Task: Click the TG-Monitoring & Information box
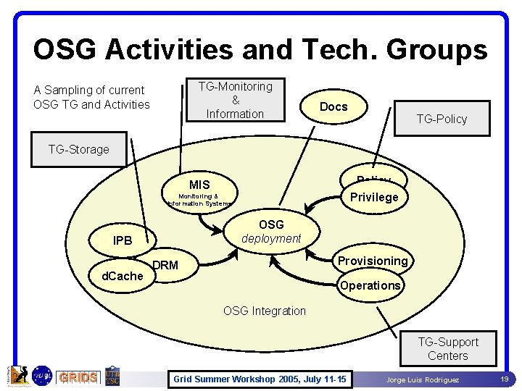(235, 100)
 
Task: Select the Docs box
(333, 106)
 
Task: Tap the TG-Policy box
(442, 119)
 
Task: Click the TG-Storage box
(78, 149)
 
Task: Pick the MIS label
(199, 185)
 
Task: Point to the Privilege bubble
(374, 197)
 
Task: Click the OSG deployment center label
(271, 232)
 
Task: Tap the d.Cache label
(122, 276)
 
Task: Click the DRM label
(166, 265)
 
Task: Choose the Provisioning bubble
(373, 261)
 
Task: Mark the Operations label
(370, 285)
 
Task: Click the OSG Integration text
(265, 311)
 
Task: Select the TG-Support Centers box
(448, 348)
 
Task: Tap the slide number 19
(503, 378)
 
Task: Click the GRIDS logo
(78, 377)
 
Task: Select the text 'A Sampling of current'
(89, 90)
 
